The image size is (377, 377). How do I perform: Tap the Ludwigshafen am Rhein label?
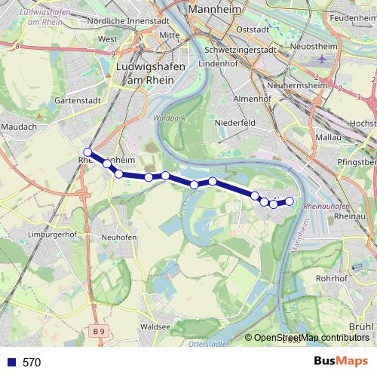coord(146,73)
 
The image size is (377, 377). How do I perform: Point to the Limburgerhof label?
coord(52,234)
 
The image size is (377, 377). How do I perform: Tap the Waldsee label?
coord(155,327)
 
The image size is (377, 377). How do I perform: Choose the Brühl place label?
coord(361,326)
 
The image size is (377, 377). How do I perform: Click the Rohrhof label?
coord(330,277)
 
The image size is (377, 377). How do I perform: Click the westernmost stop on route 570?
coord(88,152)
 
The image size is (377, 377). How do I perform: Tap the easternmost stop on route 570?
coord(289,201)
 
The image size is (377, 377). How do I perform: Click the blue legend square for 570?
coord(10,362)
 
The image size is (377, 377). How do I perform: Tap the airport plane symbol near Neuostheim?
coord(323,58)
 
